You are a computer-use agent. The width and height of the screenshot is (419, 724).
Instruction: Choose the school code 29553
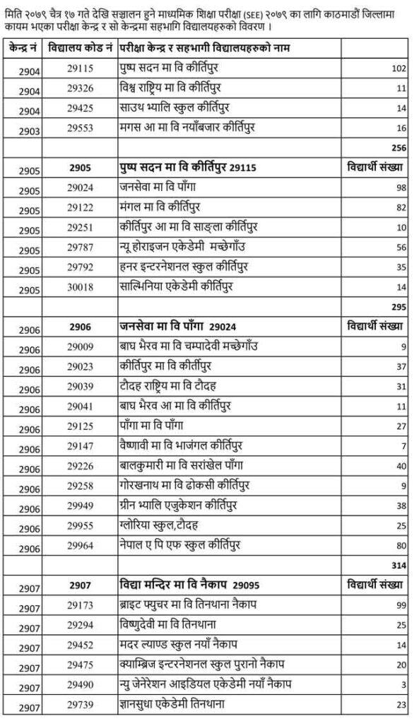[80, 129]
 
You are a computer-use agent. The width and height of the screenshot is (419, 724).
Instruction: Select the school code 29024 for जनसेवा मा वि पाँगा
[80, 189]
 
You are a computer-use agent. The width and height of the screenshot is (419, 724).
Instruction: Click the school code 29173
[80, 606]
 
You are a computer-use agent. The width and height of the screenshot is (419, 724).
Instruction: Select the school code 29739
[80, 705]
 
